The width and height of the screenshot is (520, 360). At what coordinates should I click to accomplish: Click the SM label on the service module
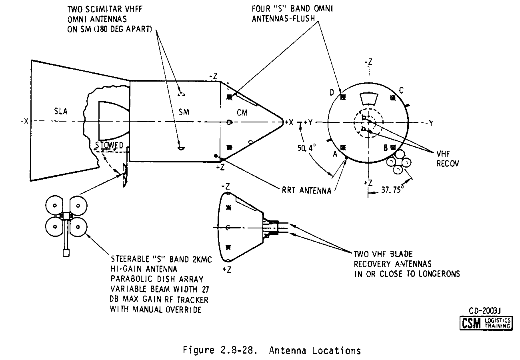[184, 112]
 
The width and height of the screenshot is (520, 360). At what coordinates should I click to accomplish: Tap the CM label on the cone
[242, 113]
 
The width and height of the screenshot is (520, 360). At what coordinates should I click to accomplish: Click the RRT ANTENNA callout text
[306, 191]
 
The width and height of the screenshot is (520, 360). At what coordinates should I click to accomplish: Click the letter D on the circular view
[332, 93]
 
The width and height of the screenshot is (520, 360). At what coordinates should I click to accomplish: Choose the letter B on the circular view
[386, 147]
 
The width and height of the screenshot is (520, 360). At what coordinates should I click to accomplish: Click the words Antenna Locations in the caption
[315, 351]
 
